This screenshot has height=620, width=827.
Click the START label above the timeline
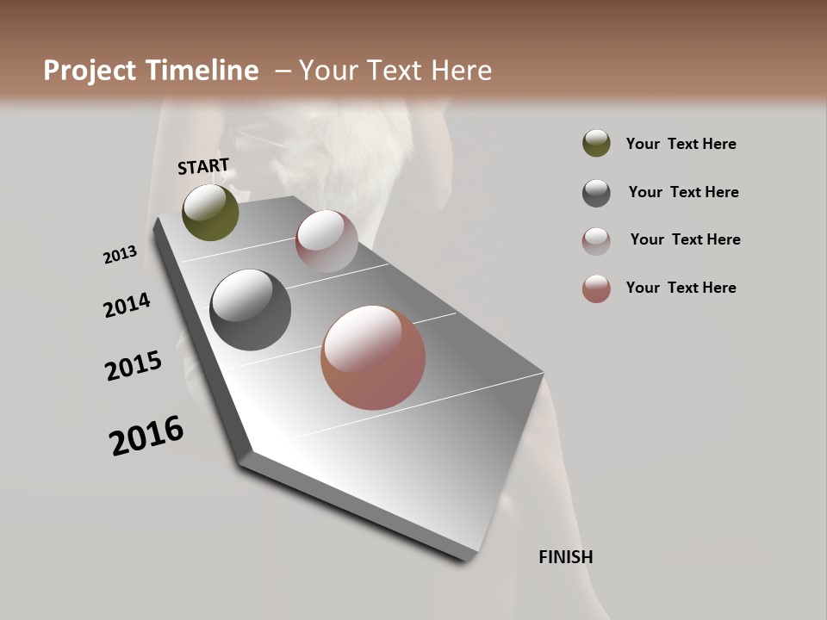coord(203,166)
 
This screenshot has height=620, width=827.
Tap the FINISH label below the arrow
coord(565,557)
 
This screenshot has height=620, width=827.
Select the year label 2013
coord(120,255)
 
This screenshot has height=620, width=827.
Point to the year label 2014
coord(127,306)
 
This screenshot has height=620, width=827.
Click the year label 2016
coord(146,436)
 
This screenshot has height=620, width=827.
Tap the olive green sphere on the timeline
coord(210,212)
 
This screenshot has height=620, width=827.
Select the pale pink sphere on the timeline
coord(326,241)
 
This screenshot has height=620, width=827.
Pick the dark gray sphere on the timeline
coord(251,310)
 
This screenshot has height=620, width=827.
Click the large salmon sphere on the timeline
coord(373,357)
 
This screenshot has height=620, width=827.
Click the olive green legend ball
coord(596,144)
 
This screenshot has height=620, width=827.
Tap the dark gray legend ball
coord(596,193)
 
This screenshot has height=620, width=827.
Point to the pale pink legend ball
coord(596,241)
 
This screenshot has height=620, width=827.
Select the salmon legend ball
coord(596,288)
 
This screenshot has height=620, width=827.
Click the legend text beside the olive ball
coord(681,144)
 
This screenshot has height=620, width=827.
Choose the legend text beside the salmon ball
coord(681,288)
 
